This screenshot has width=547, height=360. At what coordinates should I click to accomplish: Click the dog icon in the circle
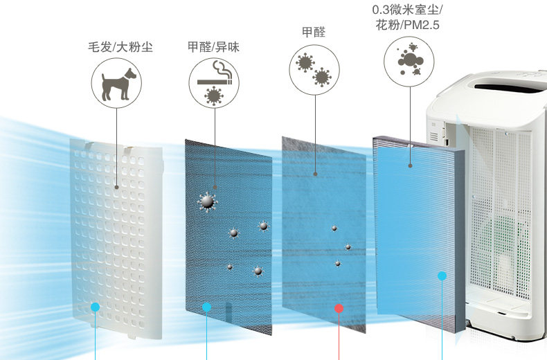pos(116,84)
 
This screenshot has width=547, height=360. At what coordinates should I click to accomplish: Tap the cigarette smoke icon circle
pos(214,84)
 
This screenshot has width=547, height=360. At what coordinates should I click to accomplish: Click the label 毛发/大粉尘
pos(120,47)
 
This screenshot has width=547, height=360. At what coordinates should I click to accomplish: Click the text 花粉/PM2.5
pos(408,26)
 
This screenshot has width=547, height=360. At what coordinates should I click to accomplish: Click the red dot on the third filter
pos(339,308)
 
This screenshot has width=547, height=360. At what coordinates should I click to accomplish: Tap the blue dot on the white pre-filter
pos(96,307)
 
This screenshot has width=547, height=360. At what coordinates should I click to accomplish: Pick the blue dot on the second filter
pos(206,307)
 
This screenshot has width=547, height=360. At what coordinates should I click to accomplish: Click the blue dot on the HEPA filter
pos(442,276)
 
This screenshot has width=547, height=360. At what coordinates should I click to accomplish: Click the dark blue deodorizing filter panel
pos(228,235)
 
